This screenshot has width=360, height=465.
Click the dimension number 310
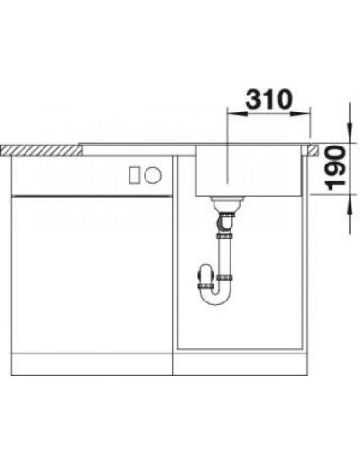pos(268,99)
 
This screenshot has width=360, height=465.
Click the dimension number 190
pos(335,168)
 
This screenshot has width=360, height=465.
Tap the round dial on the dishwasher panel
pos(153,175)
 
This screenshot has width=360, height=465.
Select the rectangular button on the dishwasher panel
pos(134,175)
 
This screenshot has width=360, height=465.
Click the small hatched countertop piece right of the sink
pos(314,150)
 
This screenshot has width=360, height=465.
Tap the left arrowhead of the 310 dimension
pos(234,113)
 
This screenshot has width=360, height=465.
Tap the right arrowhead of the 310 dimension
pos(301,113)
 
